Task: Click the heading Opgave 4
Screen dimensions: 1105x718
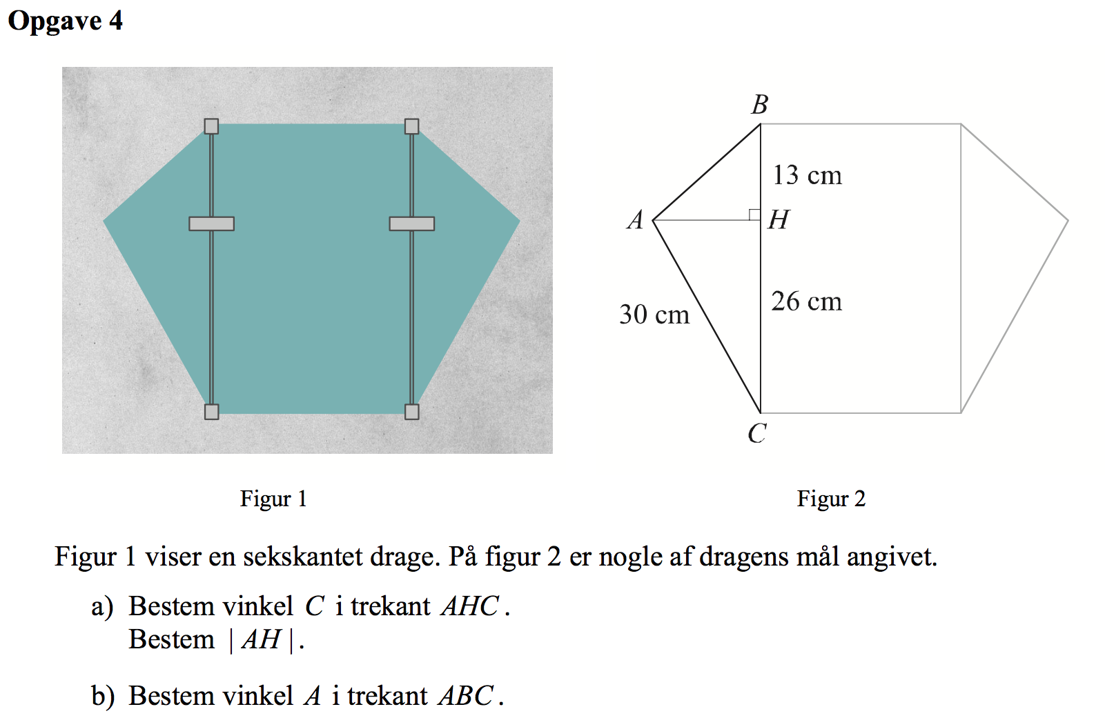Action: tap(65, 21)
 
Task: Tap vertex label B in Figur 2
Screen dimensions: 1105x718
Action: tap(760, 104)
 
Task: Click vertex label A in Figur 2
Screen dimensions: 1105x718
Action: tap(636, 220)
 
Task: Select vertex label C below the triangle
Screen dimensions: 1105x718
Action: tap(758, 433)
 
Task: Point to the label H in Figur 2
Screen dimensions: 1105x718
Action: tap(779, 219)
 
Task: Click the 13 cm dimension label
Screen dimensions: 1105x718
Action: tap(807, 175)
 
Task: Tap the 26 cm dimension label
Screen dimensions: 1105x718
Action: tap(807, 301)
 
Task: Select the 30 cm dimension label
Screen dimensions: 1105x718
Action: tap(654, 315)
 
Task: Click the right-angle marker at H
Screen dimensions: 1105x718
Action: tap(754, 215)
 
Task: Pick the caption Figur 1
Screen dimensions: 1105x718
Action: tap(273, 499)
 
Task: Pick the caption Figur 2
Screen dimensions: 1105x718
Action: tap(831, 499)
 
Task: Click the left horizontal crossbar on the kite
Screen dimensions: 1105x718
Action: tap(212, 224)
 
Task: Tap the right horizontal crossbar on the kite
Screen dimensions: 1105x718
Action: tap(412, 224)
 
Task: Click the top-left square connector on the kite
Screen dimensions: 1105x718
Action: tap(212, 126)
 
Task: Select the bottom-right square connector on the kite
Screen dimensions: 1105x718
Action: tap(412, 412)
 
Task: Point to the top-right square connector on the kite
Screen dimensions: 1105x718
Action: tap(412, 126)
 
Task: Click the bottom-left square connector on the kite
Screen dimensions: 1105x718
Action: tap(212, 412)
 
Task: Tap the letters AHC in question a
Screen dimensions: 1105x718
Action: tap(470, 606)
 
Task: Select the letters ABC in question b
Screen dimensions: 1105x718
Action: tap(466, 696)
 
